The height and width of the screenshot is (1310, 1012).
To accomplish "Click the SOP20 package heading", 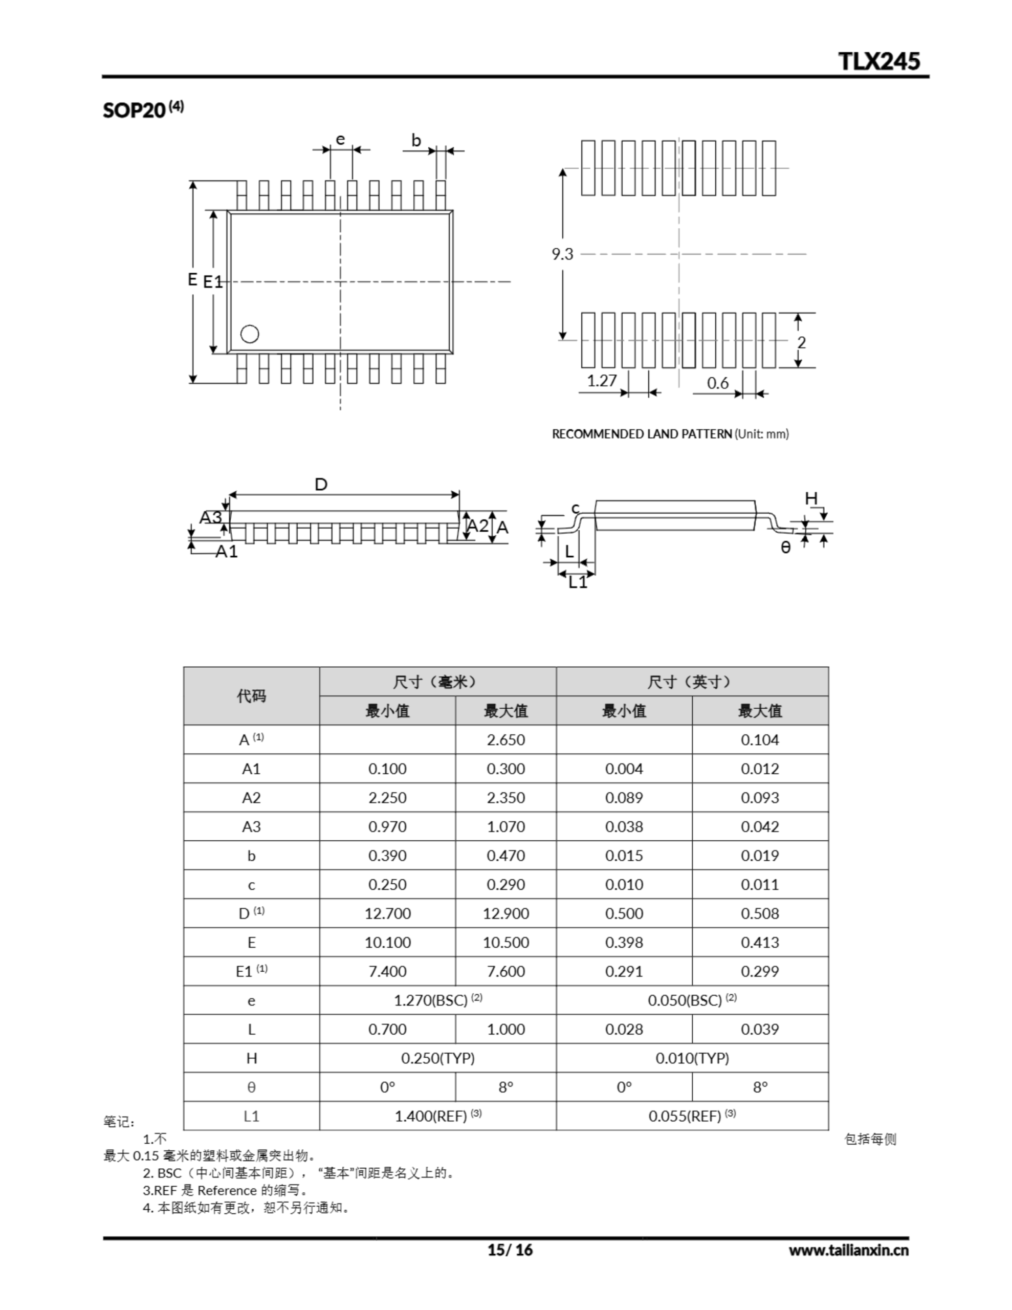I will [135, 110].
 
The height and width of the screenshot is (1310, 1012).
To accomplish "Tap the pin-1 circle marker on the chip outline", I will [250, 334].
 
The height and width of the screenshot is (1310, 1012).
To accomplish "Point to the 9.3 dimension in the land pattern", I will [562, 254].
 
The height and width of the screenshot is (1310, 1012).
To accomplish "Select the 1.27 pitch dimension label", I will [601, 381].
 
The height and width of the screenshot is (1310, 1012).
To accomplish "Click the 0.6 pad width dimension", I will [717, 383].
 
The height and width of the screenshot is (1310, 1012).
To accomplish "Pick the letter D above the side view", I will [321, 485].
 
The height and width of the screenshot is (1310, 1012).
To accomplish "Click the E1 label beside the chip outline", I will [213, 281].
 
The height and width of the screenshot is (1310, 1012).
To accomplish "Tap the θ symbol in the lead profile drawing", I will [785, 547].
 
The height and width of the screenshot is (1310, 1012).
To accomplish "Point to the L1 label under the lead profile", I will [578, 582].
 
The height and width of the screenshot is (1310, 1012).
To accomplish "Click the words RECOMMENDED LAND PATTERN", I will [641, 433].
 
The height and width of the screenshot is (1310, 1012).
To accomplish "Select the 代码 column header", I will [251, 696].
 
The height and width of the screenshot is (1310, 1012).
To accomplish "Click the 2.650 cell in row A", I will [505, 739].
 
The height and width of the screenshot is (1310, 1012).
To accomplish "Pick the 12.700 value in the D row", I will [387, 913].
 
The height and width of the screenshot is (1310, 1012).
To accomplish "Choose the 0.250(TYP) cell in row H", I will [437, 1058].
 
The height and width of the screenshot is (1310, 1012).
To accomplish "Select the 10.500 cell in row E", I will [505, 942].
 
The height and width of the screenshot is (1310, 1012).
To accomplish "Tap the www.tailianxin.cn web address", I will [848, 1250].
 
